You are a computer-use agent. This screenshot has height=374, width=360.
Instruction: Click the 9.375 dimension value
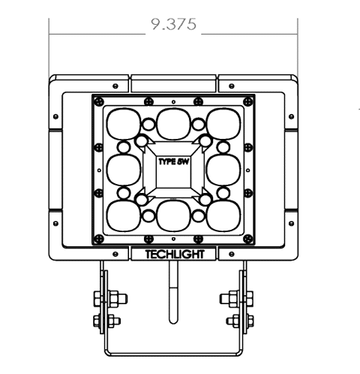(174, 24)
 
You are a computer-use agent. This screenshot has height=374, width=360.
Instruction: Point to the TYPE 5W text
(173, 161)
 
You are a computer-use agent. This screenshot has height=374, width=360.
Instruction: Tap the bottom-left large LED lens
(123, 216)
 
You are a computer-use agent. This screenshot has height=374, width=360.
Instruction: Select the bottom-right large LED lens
(223, 216)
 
